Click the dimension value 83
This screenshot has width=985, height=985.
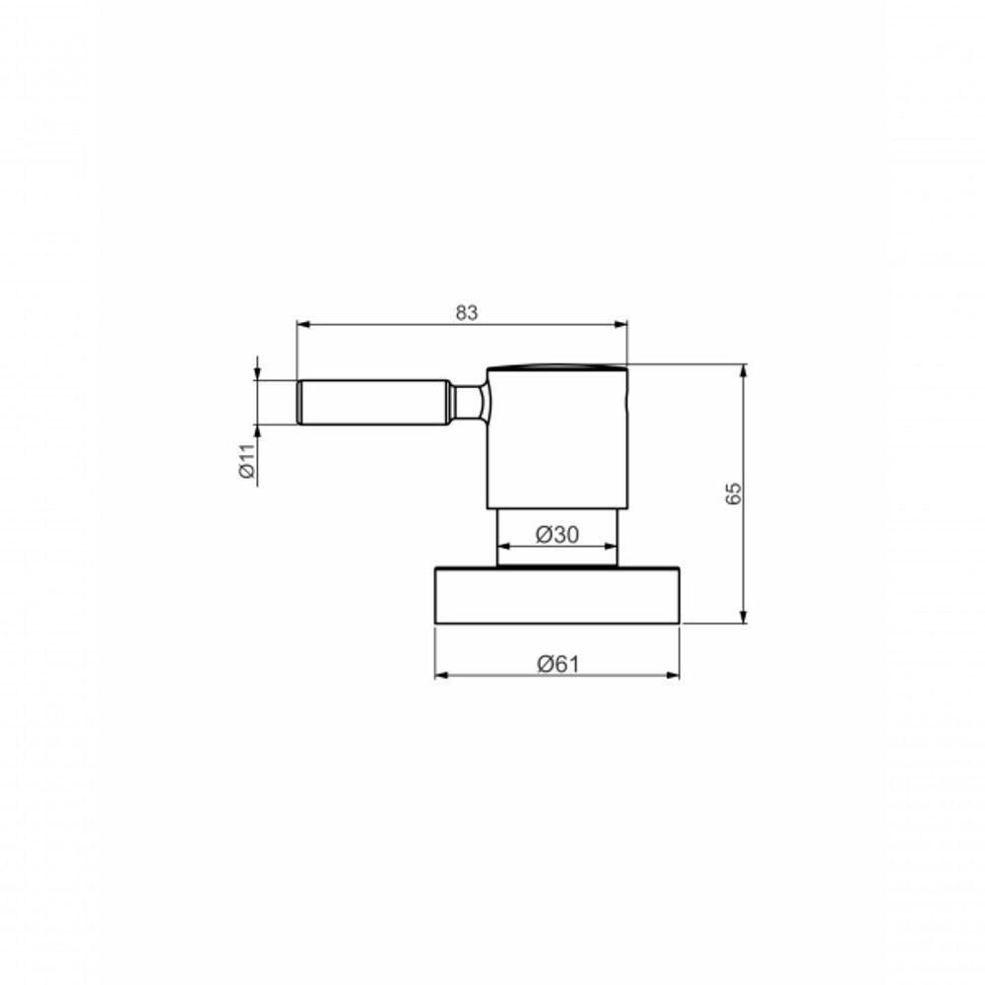(x=466, y=313)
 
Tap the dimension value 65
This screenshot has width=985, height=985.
(x=733, y=493)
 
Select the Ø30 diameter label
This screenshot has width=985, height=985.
(x=557, y=534)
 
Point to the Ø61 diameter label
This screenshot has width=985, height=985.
(x=558, y=664)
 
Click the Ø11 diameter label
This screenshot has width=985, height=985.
(x=247, y=460)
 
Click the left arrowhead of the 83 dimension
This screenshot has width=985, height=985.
(x=301, y=323)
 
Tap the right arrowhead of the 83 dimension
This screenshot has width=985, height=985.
(x=622, y=323)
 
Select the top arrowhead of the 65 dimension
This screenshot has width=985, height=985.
(x=743, y=370)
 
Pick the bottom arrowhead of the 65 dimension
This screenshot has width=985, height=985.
(x=743, y=618)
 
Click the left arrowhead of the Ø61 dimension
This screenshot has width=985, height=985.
(x=440, y=675)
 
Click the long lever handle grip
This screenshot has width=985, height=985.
(x=374, y=402)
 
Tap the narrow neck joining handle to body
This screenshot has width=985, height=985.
(x=468, y=402)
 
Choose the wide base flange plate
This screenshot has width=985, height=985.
(x=557, y=595)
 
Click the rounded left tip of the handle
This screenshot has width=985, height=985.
(x=299, y=402)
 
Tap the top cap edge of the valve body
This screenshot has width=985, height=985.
(x=557, y=368)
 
